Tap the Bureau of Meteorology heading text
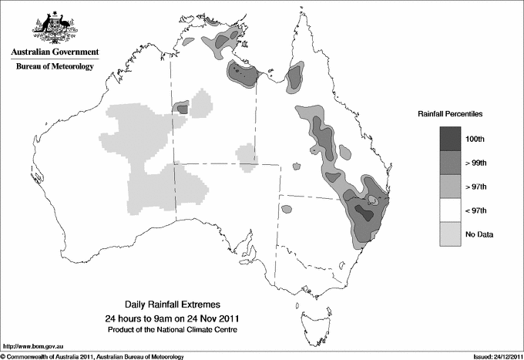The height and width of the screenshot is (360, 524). coord(54,66)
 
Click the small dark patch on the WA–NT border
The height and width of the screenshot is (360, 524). coord(183,109)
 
